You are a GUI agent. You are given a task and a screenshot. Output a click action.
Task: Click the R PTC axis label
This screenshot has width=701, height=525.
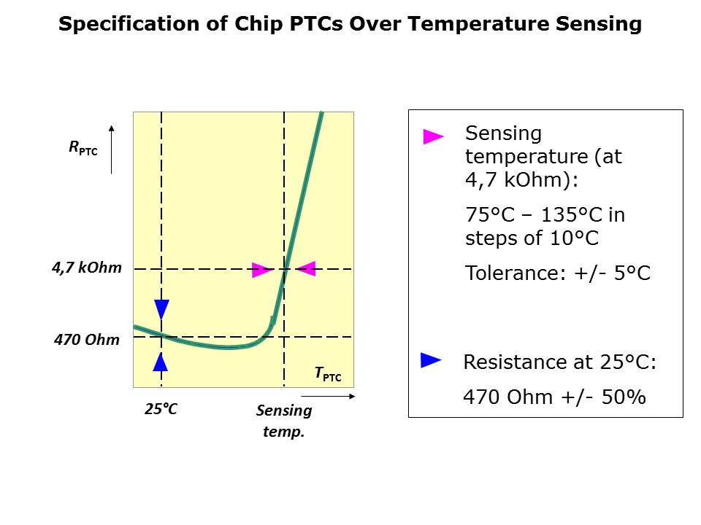click(83, 149)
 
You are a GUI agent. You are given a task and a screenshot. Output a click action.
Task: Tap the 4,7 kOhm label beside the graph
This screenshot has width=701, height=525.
click(86, 268)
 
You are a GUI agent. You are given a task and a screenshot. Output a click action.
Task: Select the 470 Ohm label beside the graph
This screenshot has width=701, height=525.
click(86, 339)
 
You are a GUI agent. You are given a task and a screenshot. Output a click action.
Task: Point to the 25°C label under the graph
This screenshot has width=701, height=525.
click(161, 409)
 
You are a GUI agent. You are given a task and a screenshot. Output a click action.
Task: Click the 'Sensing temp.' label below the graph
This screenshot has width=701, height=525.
click(283, 421)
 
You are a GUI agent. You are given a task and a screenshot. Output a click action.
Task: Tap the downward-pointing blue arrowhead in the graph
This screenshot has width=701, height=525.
click(161, 309)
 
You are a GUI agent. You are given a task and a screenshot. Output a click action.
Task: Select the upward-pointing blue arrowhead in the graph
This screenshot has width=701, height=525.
click(161, 362)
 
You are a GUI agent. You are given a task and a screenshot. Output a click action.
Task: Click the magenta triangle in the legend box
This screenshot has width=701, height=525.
click(433, 136)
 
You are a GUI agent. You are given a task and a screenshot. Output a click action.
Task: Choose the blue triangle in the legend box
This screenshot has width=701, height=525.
click(431, 359)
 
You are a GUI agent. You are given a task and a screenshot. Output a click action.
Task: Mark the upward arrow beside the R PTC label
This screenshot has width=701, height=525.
click(111, 149)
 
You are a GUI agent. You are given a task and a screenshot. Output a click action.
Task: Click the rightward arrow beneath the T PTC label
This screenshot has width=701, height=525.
click(337, 397)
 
